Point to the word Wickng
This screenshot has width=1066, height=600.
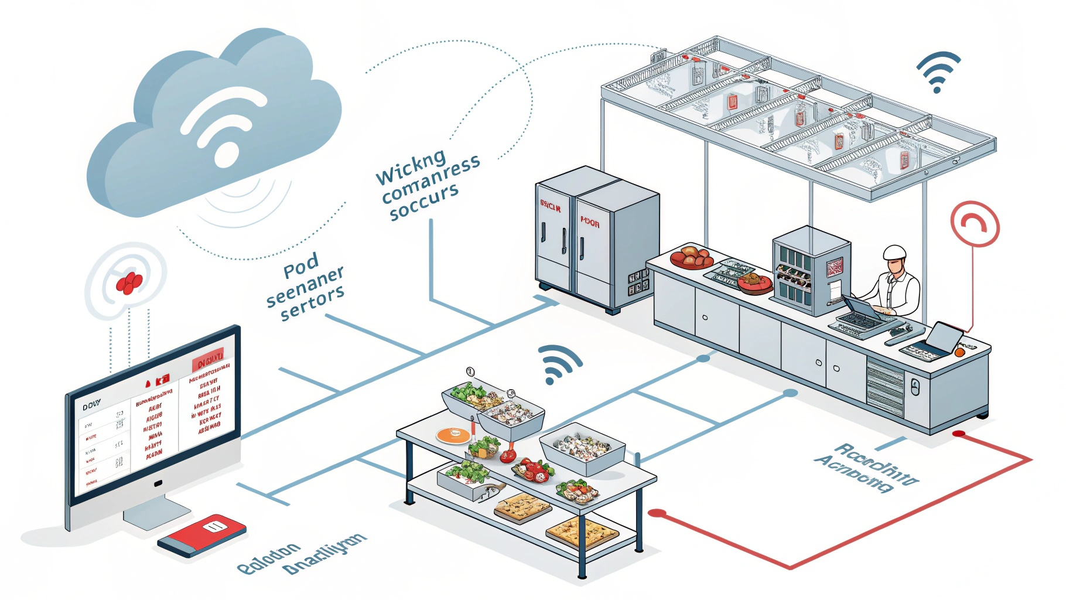(411, 166)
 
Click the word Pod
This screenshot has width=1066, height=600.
(301, 267)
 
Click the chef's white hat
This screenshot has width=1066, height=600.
(894, 253)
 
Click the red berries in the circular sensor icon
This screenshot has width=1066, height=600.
(129, 282)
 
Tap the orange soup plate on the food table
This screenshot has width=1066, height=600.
(453, 435)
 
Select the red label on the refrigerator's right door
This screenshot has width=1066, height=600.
(590, 223)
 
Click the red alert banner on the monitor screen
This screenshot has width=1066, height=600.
(208, 359)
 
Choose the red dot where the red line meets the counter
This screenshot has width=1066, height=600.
(959, 434)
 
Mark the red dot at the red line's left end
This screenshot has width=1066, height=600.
(657, 514)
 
